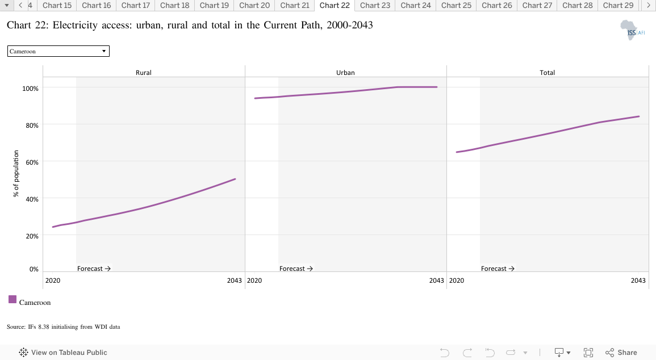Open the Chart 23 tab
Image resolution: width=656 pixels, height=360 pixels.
click(375, 6)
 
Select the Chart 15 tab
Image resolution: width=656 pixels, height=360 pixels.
click(57, 6)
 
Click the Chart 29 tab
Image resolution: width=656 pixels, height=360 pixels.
click(618, 6)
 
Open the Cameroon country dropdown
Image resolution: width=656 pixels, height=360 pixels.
click(58, 51)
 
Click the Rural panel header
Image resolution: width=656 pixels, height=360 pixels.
click(144, 73)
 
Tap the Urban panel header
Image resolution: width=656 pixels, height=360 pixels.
click(345, 73)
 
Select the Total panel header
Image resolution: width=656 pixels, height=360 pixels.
click(547, 73)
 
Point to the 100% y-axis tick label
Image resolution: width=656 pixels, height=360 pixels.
click(30, 89)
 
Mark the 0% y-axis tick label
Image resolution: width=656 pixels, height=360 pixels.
click(34, 269)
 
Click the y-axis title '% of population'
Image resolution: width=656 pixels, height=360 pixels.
click(16, 174)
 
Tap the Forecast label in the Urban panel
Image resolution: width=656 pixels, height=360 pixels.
click(296, 269)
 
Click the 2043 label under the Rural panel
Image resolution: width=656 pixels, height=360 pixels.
click(234, 281)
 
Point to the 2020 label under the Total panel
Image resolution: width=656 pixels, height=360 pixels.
click(456, 281)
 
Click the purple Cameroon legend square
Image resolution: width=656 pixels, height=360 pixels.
click(12, 299)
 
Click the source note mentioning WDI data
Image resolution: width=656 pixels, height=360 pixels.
click(63, 327)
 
